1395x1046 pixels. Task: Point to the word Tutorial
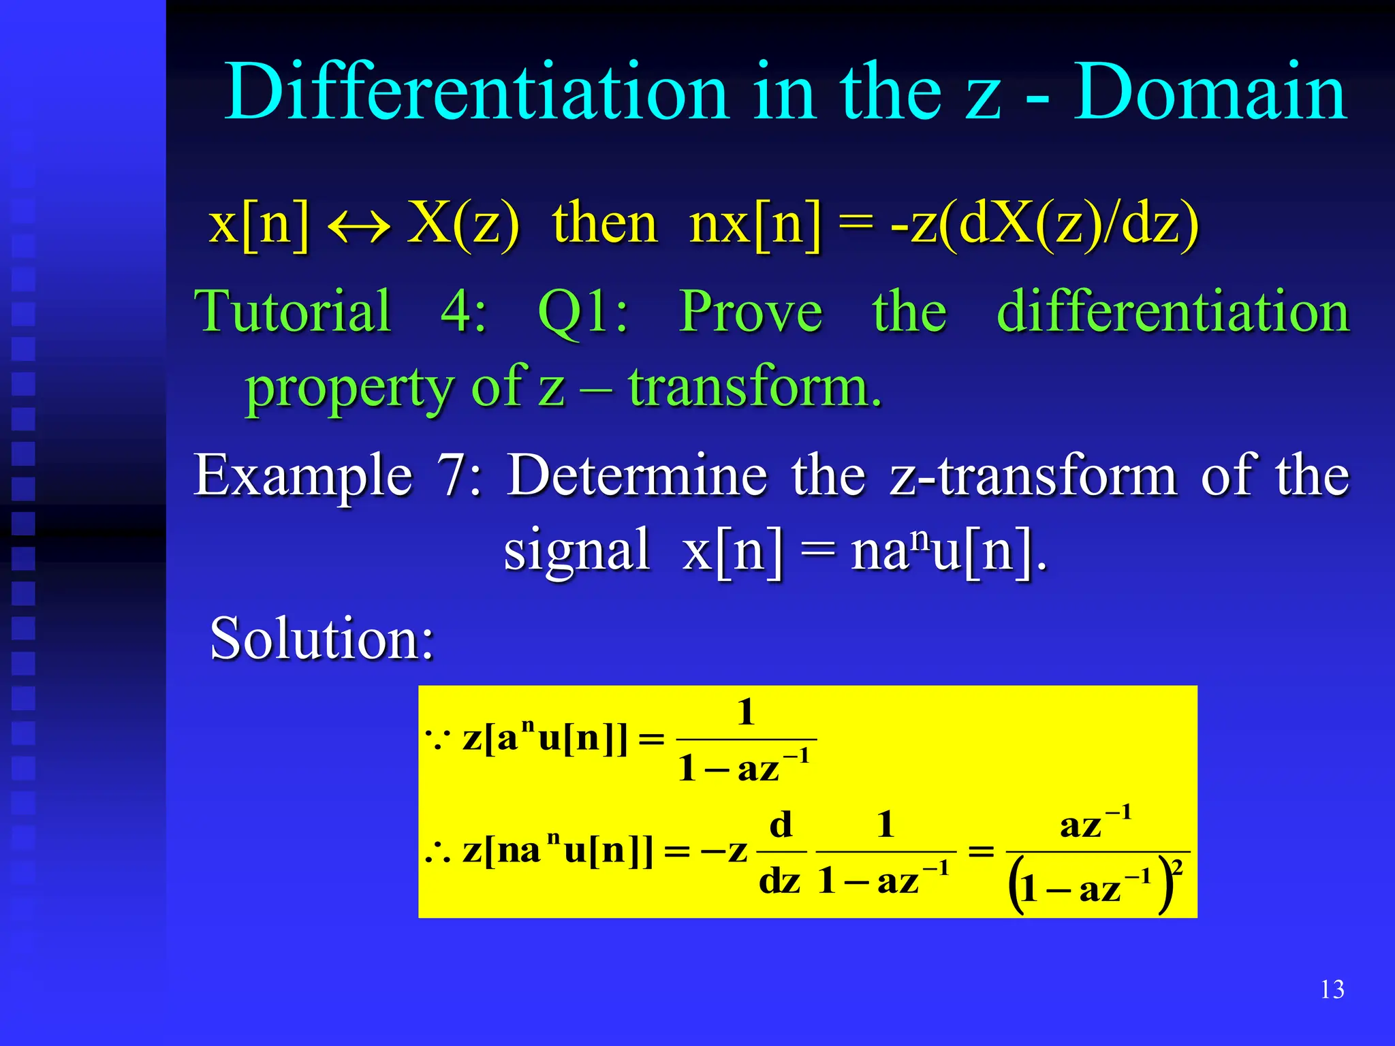tap(293, 311)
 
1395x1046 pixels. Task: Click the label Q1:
tap(583, 313)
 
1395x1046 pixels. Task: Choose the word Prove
tap(751, 311)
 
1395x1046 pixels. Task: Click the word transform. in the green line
tap(755, 387)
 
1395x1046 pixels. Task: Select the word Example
tap(303, 475)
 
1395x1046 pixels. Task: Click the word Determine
tap(638, 475)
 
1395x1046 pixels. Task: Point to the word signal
tap(576, 550)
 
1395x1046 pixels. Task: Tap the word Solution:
tap(322, 638)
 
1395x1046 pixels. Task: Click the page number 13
tap(1332, 989)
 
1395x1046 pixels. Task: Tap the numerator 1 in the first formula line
tap(747, 712)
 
